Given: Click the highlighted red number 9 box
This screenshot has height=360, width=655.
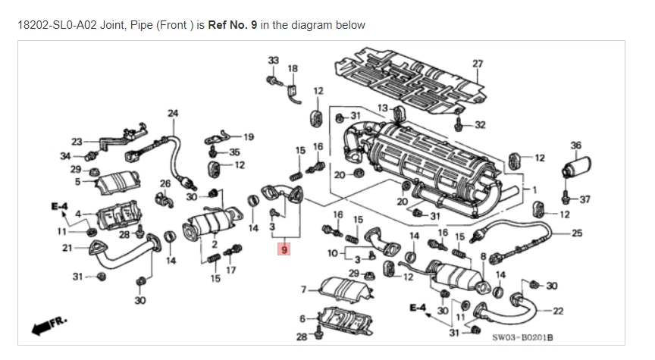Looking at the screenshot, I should pyautogui.click(x=284, y=249).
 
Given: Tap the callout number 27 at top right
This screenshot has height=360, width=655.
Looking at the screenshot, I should pyautogui.click(x=478, y=63).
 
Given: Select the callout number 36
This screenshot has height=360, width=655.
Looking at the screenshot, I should pyautogui.click(x=575, y=145).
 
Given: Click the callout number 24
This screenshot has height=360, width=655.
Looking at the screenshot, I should pyautogui.click(x=173, y=114).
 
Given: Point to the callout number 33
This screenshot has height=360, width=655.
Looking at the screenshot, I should pyautogui.click(x=273, y=60).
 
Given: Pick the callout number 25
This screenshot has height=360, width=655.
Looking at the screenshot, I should pyautogui.click(x=577, y=233).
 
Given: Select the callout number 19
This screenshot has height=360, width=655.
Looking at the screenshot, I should pyautogui.click(x=249, y=136).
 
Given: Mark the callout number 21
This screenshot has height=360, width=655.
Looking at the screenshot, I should pyautogui.click(x=67, y=248).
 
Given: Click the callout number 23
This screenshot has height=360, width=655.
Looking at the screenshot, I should pyautogui.click(x=77, y=141).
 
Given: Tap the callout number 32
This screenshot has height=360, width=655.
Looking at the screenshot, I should pyautogui.click(x=480, y=125).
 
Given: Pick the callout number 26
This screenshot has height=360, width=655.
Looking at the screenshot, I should pyautogui.click(x=165, y=183).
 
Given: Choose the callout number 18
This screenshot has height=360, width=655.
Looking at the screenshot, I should pyautogui.click(x=293, y=68).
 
